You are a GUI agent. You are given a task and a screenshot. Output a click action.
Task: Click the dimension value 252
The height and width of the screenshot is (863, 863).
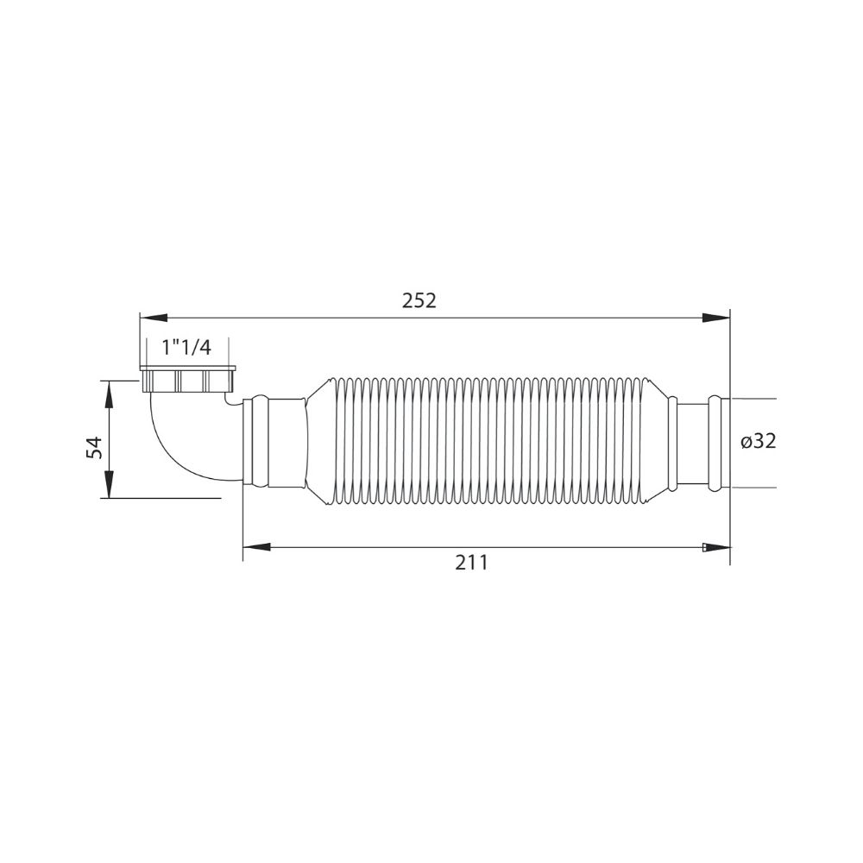tap(419, 300)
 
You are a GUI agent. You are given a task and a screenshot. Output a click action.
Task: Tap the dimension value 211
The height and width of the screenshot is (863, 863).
tap(472, 563)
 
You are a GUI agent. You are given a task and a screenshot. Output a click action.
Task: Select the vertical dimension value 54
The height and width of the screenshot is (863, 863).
tap(95, 447)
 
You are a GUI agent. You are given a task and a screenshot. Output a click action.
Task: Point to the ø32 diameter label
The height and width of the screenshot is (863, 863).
tap(758, 441)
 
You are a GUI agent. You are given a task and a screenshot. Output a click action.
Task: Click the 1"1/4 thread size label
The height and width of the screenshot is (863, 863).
tap(186, 348)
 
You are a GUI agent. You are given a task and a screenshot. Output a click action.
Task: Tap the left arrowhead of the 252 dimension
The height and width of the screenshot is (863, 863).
tap(154, 318)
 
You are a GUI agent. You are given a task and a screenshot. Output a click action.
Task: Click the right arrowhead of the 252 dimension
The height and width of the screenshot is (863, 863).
tap(716, 318)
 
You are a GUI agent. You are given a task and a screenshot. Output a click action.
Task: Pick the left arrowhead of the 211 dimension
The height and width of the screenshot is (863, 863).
tap(256, 547)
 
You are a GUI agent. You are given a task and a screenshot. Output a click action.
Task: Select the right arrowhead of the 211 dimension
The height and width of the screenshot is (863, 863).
tap(716, 547)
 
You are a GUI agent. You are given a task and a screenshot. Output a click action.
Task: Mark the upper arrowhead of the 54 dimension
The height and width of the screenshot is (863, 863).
tap(110, 393)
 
